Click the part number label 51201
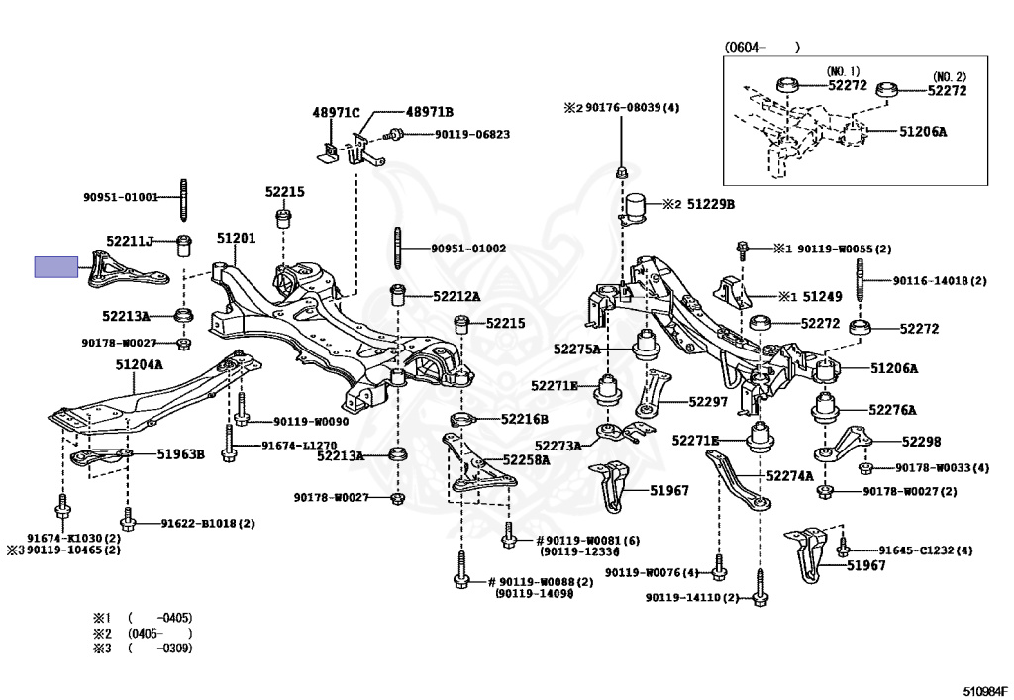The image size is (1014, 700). (236, 239)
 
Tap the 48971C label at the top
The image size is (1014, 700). (336, 113)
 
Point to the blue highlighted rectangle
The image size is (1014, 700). (55, 267)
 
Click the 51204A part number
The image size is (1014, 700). (139, 365)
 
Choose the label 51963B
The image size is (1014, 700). (181, 454)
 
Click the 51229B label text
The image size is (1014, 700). (711, 204)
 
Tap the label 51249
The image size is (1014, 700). (823, 295)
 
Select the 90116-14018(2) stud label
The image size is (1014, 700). (940, 281)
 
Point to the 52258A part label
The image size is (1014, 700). (525, 459)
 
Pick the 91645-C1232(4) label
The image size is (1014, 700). (925, 550)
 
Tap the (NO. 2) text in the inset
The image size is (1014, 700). (948, 76)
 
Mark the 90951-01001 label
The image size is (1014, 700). (120, 197)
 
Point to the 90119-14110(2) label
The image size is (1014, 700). (692, 598)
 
